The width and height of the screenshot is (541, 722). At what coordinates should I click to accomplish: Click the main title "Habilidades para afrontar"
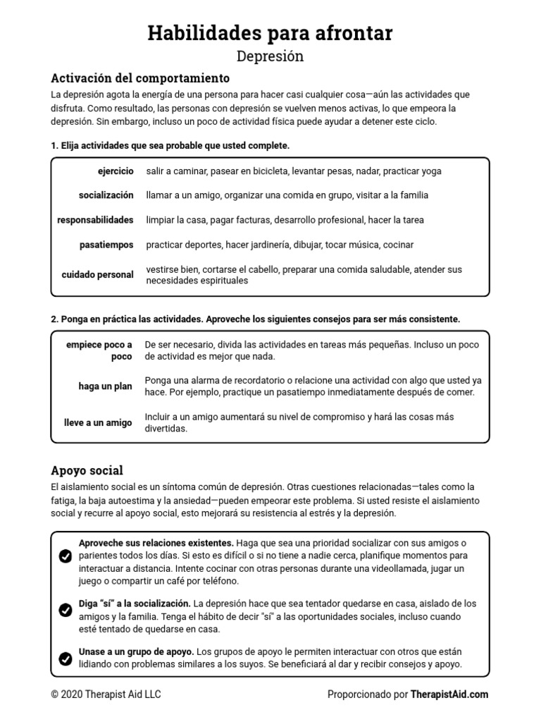click(270, 33)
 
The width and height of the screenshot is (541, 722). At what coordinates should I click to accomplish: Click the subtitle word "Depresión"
click(270, 56)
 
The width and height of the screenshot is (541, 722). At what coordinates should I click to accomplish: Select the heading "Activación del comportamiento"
click(140, 78)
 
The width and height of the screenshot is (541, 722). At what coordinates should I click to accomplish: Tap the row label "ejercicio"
click(116, 171)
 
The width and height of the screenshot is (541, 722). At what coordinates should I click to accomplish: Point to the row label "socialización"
click(106, 195)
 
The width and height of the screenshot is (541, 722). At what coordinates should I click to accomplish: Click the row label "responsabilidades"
click(95, 220)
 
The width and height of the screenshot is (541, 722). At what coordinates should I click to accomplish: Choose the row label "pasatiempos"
click(106, 245)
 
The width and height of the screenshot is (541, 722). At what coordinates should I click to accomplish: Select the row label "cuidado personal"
click(97, 275)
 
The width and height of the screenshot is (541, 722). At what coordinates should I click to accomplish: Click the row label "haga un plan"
click(105, 386)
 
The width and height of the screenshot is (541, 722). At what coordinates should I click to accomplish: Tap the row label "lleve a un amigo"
click(98, 423)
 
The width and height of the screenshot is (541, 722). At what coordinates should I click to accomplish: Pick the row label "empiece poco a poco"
click(99, 350)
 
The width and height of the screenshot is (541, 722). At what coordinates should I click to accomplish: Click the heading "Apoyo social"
click(87, 470)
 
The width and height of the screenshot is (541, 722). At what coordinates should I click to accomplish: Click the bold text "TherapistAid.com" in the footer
click(449, 695)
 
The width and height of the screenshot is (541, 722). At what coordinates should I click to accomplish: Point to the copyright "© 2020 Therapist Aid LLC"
click(106, 695)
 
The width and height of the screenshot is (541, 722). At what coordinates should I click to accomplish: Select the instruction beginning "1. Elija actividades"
click(170, 145)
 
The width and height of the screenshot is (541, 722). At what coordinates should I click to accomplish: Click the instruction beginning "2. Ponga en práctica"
click(255, 319)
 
